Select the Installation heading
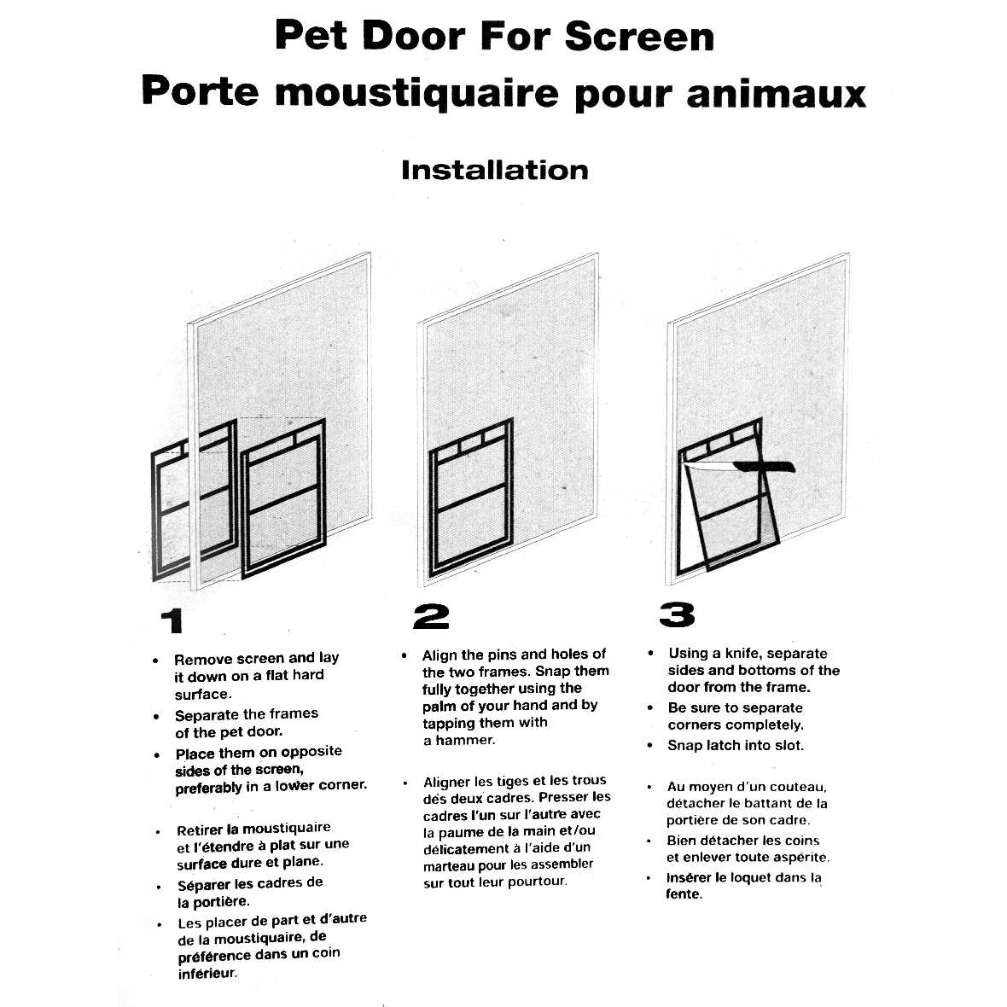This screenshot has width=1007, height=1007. (494, 170)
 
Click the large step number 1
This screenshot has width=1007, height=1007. (173, 620)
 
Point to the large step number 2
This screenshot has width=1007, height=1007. (430, 616)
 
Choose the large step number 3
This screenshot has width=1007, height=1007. (676, 614)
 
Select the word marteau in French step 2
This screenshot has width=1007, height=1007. (451, 864)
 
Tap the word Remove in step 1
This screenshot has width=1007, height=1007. (203, 659)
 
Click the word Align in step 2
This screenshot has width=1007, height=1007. (439, 655)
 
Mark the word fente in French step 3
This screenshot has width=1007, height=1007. (683, 894)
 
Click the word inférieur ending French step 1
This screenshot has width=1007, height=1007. (207, 973)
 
